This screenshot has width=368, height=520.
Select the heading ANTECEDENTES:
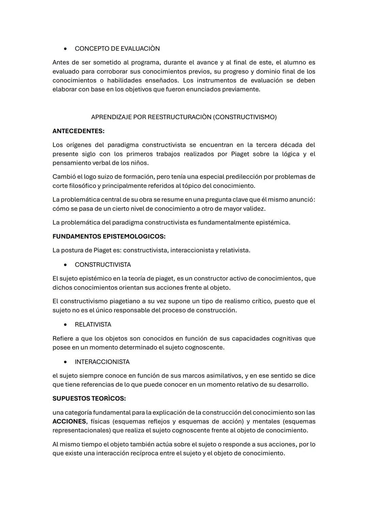coord(78,131)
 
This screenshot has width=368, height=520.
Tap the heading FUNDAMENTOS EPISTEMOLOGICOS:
coord(109,236)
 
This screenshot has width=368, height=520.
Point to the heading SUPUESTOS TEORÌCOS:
coord(89,398)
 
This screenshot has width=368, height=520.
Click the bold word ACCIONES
coord(69,422)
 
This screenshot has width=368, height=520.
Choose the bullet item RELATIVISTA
coord(93,325)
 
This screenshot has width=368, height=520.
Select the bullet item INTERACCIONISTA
coord(102,362)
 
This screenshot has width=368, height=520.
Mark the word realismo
coord(233,301)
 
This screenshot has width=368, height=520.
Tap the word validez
coord(253,209)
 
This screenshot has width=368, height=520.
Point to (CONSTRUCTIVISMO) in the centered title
coord(246,117)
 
